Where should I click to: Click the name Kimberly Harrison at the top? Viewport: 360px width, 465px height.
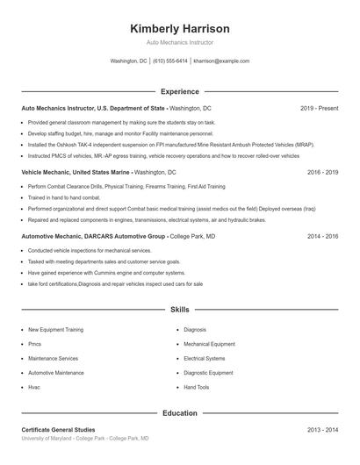point(179,28)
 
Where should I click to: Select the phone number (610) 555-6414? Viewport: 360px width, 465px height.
point(170,61)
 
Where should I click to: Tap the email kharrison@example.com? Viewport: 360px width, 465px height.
point(221,61)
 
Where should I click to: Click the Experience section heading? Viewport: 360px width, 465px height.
point(179,91)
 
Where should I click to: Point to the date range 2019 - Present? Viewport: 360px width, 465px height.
point(319,108)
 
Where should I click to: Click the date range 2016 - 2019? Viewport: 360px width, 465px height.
point(322,173)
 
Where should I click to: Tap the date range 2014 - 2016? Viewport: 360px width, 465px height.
point(322,237)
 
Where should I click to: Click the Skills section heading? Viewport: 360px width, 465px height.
point(179,310)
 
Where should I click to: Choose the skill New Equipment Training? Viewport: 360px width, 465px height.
point(56,330)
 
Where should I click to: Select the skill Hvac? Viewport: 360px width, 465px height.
point(34,387)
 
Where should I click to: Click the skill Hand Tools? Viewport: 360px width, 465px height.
point(197,387)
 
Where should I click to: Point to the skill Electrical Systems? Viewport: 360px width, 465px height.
point(205,358)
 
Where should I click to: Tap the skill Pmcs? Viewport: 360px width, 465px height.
point(35,344)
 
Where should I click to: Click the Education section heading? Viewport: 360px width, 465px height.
point(179,412)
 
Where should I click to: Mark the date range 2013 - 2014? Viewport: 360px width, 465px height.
point(322,430)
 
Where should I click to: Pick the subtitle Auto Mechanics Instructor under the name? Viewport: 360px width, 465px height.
point(179,42)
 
